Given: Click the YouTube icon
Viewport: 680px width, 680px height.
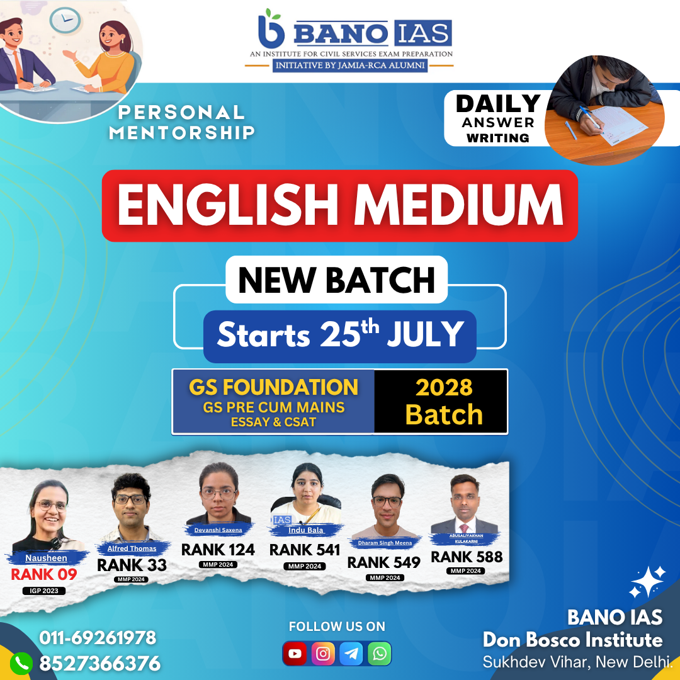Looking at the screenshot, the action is click(295, 653).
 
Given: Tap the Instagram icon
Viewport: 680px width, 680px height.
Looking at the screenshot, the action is click(323, 653).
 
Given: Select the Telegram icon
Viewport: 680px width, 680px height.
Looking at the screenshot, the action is click(351, 653).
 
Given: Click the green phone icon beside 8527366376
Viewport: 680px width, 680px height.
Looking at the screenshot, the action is click(21, 664).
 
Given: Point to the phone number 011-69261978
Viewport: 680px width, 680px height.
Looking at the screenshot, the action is click(98, 637).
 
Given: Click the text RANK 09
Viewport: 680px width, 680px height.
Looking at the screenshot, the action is click(44, 574).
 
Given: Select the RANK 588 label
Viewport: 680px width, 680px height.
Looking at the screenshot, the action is click(467, 557).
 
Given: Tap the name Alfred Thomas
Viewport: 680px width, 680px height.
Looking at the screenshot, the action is click(132, 548).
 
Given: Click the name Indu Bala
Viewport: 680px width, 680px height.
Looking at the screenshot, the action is click(306, 530).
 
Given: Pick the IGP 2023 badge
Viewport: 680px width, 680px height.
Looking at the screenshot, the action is click(44, 591).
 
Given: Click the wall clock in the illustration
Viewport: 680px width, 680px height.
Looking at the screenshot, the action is click(65, 20).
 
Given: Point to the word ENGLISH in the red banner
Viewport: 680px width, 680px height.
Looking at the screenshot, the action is click(228, 205).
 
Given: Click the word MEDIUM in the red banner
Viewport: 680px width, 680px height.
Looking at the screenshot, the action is click(458, 205).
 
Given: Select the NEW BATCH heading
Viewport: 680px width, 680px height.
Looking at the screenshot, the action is click(336, 280).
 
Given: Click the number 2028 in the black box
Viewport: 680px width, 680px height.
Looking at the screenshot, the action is click(444, 387).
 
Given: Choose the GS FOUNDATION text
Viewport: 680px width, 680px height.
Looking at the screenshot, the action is click(274, 387).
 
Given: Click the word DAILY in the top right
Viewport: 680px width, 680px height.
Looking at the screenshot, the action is click(498, 104).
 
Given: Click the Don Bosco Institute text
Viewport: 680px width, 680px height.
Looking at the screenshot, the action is click(573, 640).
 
